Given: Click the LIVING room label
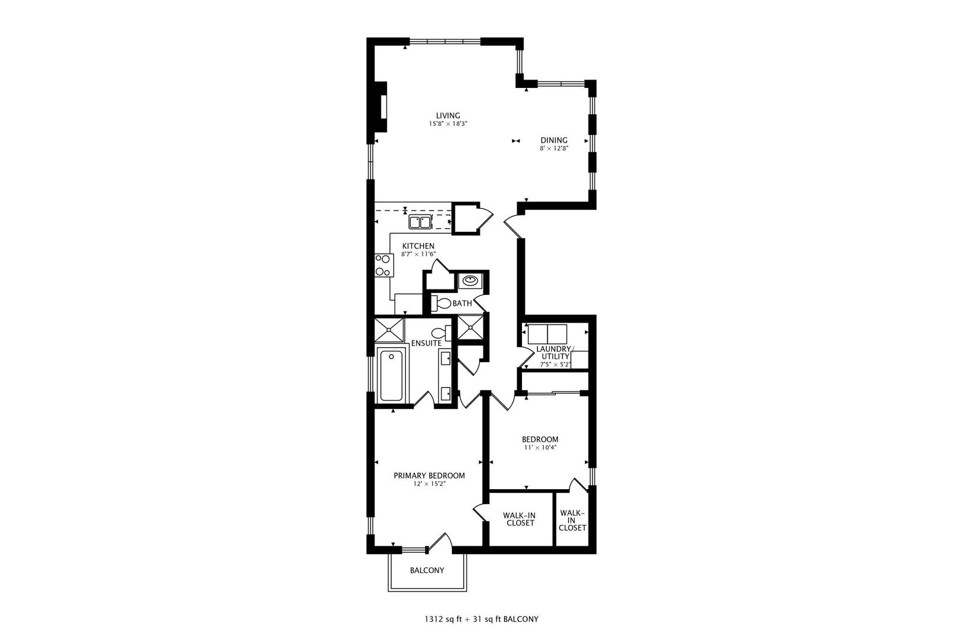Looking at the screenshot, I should tap(448, 116).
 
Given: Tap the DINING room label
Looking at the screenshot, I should tap(553, 140).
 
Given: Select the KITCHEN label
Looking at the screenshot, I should tap(418, 246).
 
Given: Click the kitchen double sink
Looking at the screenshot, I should tap(420, 223).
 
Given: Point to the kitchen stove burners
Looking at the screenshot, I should tap(383, 265).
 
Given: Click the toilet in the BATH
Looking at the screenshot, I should tap(441, 303).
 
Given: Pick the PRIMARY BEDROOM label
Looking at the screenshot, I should tap(429, 476).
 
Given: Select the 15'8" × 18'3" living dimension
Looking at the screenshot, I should tap(448, 124).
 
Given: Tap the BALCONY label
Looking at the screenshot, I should tap(427, 571).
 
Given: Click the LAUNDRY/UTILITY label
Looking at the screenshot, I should tap(555, 353).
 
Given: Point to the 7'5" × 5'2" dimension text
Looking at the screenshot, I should tap(555, 364).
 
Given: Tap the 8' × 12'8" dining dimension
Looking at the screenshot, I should tap(554, 149).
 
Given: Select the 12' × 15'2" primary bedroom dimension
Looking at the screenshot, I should tap(429, 484).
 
